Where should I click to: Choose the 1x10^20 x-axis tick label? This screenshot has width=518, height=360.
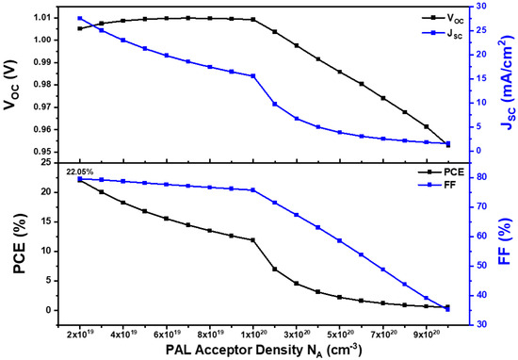[x=253, y=334]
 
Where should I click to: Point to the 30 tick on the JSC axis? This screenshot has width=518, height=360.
[x=479, y=6]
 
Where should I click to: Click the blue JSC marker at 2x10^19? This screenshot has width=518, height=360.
[x=79, y=18]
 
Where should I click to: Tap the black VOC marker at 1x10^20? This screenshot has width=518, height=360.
[x=253, y=19]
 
